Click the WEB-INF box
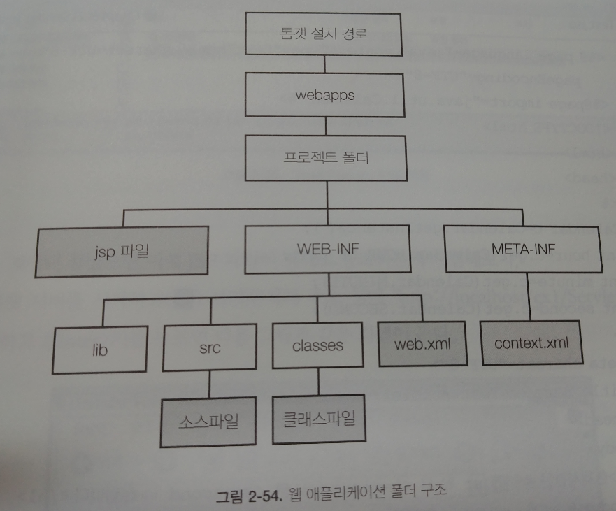tap(323, 249)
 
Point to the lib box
tap(100, 349)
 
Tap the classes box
tap(317, 345)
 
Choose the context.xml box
tap(531, 343)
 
